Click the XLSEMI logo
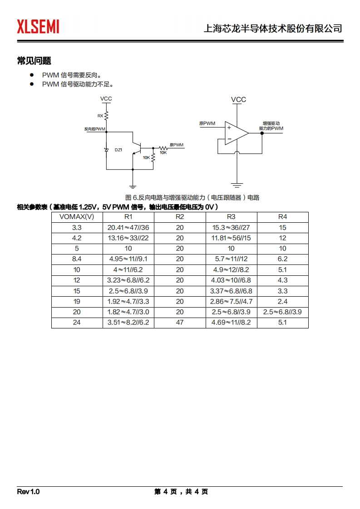point(38,27)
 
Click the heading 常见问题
point(34,61)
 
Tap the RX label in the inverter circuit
point(100,116)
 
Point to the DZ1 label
point(118,150)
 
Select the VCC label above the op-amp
point(238,100)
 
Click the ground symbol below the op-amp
point(237,184)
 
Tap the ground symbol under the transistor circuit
point(133,185)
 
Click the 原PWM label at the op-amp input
point(207,123)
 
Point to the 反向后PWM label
point(94,129)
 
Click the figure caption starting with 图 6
point(192,197)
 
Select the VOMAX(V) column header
point(77,216)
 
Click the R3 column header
point(231,216)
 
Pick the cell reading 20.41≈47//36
point(128,227)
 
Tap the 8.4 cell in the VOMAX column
point(77,259)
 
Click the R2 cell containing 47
point(180,323)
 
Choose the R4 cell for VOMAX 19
point(282,301)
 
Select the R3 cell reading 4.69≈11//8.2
point(231,323)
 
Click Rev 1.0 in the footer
point(29,492)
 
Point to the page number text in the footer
point(181,492)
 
